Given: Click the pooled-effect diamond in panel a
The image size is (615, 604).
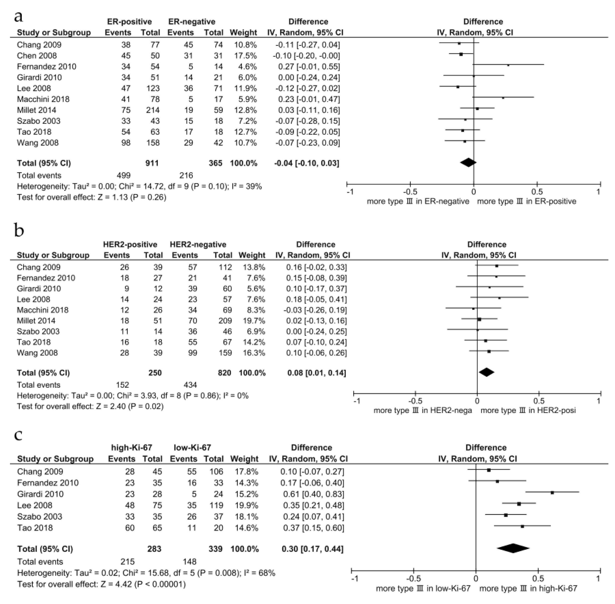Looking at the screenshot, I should tap(468, 162).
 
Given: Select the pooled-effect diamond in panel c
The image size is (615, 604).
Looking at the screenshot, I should tap(513, 548).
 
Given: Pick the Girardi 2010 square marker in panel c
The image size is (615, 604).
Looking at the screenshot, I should tap(552, 493).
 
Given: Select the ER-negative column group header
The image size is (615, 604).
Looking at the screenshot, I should tap(192, 22).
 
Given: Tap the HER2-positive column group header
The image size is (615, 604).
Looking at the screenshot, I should tap(130, 244).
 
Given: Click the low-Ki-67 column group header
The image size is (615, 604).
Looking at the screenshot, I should tap(192, 448).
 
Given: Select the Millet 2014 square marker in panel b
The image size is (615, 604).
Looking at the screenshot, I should tap(479, 319).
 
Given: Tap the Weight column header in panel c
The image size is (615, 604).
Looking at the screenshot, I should tap(244, 459).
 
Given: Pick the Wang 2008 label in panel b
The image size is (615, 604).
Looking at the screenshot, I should tap(37, 353).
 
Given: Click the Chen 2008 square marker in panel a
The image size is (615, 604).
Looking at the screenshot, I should tap(461, 54).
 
